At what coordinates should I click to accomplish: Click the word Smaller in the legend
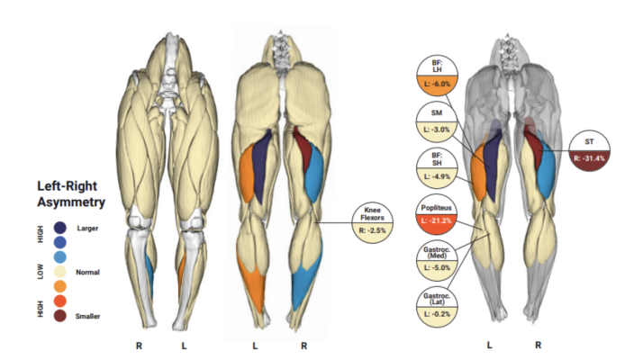(87, 316)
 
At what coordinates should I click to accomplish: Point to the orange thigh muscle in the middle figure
(246, 175)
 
